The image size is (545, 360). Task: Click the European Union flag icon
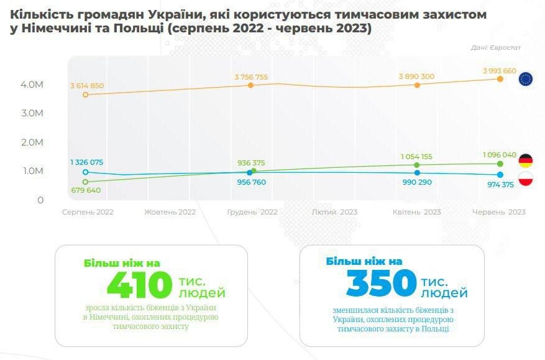(526, 79)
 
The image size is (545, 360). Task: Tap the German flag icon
(526, 160)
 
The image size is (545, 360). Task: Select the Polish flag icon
(526, 179)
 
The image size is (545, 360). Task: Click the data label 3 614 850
(87, 86)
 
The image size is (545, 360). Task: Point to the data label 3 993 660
(499, 71)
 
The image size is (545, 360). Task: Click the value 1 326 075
(86, 162)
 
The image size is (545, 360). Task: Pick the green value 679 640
(86, 190)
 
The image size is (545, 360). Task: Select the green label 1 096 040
(499, 154)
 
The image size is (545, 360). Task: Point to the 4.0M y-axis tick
(31, 85)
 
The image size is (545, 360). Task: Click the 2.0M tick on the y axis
(31, 142)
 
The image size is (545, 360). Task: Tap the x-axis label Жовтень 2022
(170, 212)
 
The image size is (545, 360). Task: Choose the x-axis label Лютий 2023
(334, 212)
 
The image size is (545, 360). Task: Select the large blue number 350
(380, 284)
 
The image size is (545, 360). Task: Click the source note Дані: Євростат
(496, 47)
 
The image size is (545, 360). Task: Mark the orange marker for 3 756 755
(251, 85)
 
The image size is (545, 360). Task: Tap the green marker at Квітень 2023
(416, 165)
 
